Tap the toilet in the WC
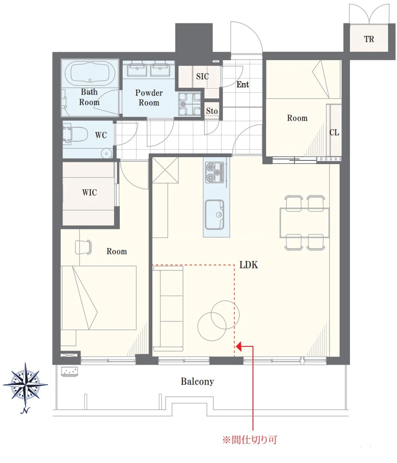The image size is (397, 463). [75, 135]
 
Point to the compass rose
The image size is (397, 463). [25, 385]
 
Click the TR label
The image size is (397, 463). [369, 39]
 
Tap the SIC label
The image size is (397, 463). [203, 76]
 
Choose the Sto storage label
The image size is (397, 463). [212, 111]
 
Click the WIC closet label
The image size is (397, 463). [89, 193]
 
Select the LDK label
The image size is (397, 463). [248, 265]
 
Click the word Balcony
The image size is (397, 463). [198, 381]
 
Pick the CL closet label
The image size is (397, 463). [334, 132]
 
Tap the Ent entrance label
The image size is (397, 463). [243, 84]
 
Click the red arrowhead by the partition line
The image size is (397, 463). [239, 346]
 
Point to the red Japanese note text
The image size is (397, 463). [250, 440]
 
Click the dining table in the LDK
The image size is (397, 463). [304, 223]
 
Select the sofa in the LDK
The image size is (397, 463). [168, 309]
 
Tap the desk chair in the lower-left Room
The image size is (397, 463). [83, 247]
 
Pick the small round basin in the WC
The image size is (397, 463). [106, 153]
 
